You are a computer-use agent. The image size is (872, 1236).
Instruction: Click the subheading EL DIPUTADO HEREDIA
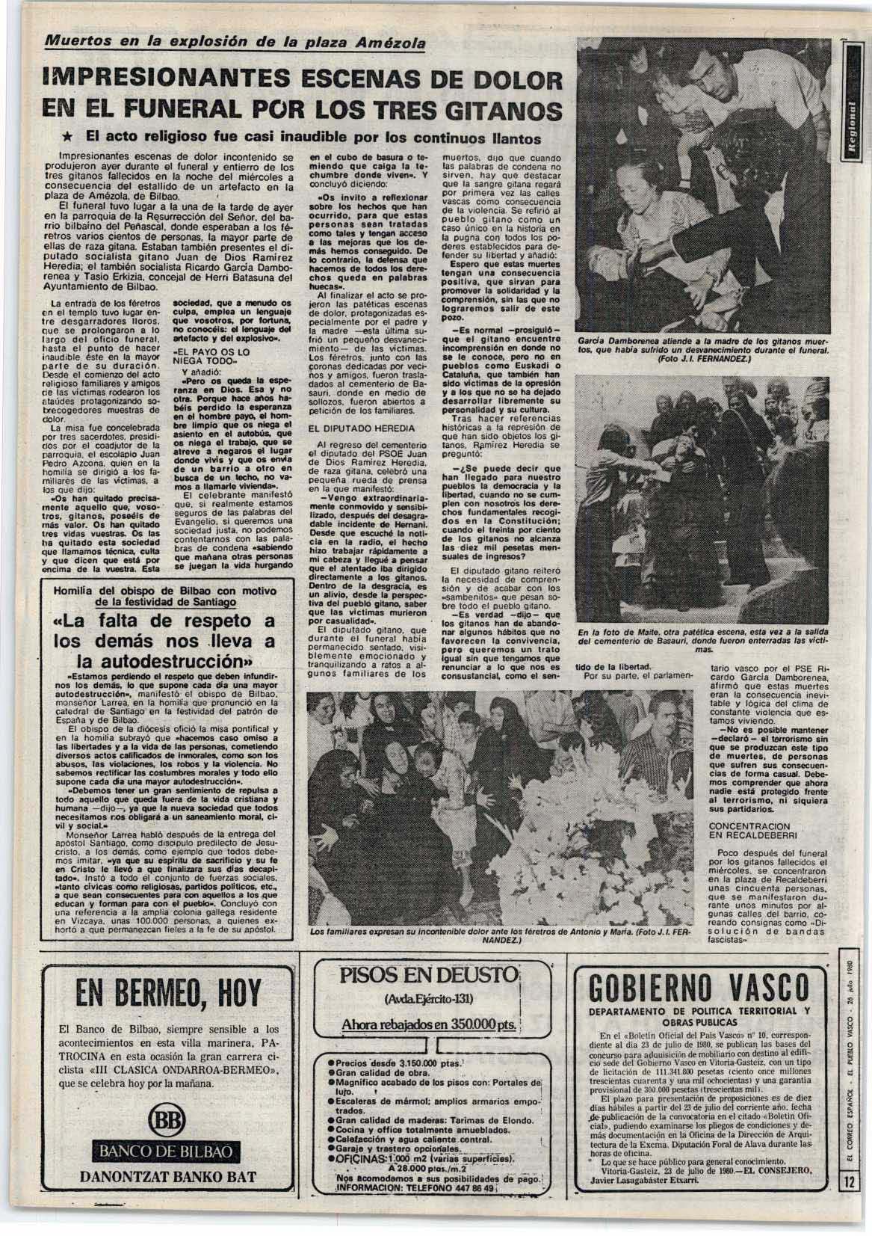point(350,427)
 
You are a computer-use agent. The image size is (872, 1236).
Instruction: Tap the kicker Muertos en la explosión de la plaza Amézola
point(232,43)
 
